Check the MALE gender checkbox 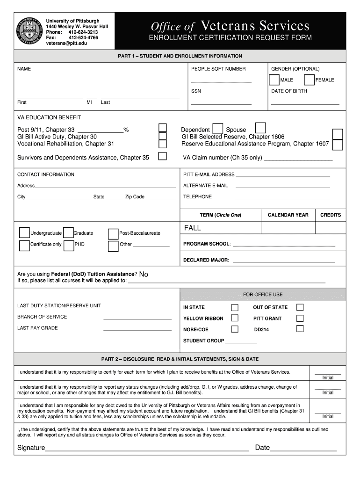click(x=274, y=80)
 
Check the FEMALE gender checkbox click(x=309, y=80)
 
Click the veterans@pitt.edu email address click(x=66, y=44)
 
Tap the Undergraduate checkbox click(x=24, y=233)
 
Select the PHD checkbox click(x=68, y=246)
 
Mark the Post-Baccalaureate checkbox click(x=113, y=234)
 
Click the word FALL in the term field click(x=192, y=228)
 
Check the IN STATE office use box click(x=235, y=307)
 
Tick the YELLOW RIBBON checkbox click(x=235, y=318)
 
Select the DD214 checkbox click(x=300, y=329)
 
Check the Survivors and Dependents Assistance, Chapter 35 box click(x=162, y=156)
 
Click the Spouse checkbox click(x=260, y=128)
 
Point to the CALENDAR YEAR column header click(x=288, y=215)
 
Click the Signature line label click(x=31, y=448)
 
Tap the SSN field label click(x=196, y=91)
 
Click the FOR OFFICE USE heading click(x=263, y=295)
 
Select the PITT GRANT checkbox click(x=300, y=318)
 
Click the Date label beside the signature click(x=262, y=448)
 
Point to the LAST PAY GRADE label click(x=37, y=328)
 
